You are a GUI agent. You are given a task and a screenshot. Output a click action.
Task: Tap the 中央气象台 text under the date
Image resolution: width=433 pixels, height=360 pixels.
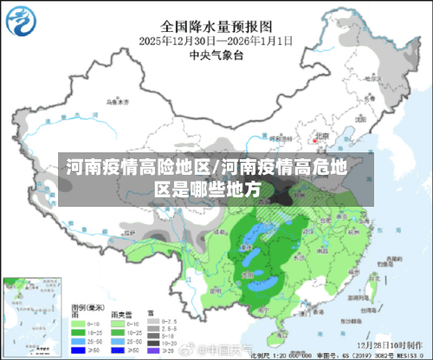[216, 55]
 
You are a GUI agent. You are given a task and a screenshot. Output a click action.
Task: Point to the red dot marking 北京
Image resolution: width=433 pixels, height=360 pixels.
[313, 139]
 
